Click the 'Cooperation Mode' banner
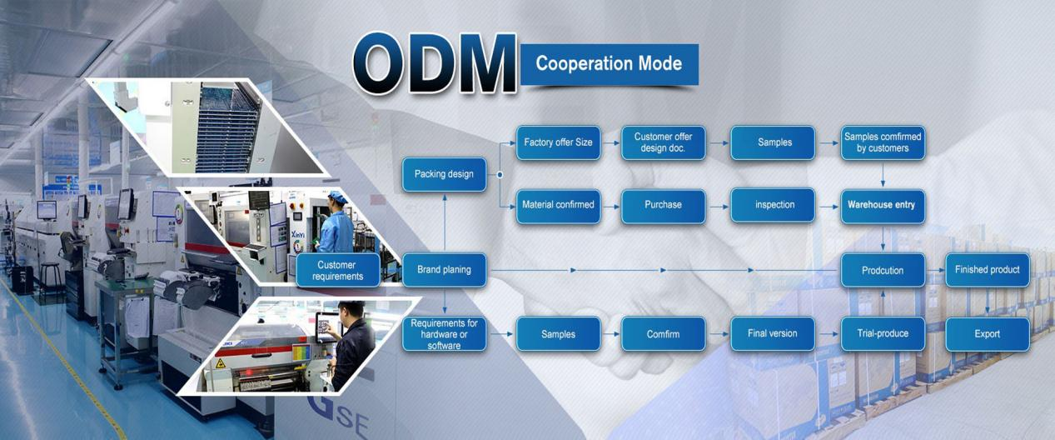tap(609, 64)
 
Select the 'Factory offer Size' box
tap(558, 142)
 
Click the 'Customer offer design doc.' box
tap(664, 142)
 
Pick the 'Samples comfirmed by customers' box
tap(882, 142)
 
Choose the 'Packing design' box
tap(444, 174)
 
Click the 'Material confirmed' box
tap(558, 205)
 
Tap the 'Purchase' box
tap(664, 205)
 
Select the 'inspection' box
tap(773, 205)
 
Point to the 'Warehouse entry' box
tap(882, 205)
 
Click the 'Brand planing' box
tap(444, 270)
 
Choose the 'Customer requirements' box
tap(336, 270)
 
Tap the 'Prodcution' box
tap(882, 270)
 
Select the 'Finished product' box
tap(988, 270)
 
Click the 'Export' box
tap(988, 334)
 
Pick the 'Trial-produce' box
tap(882, 334)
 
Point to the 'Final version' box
tap(773, 334)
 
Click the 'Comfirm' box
tap(664, 334)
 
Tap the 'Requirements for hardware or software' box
tap(444, 334)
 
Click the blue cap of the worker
tap(336, 197)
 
